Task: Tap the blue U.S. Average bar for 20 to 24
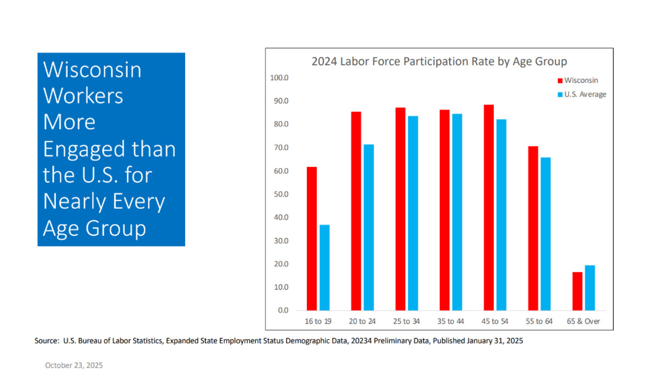369,227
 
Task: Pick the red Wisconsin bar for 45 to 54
488,207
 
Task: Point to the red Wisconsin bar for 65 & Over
577,291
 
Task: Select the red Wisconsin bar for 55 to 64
533,228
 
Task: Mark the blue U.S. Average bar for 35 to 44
457,212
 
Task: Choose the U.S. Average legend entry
584,94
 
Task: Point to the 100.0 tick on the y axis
279,78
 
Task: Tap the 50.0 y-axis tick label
281,194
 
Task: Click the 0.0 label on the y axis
283,311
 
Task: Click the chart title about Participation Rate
439,61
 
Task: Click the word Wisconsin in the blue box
92,70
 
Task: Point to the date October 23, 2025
74,365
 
